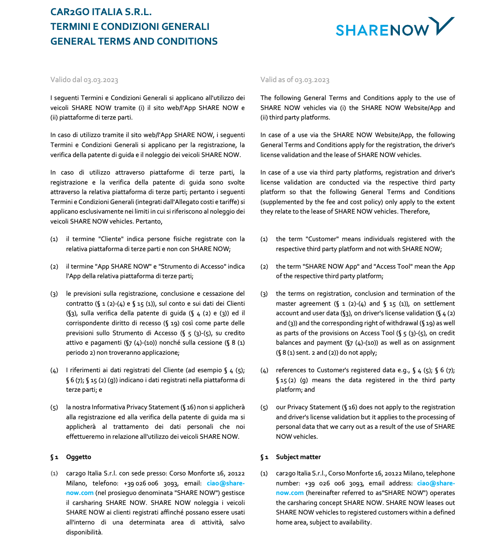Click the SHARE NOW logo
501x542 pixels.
tap(395, 27)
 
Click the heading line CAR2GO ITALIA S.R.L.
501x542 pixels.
tap(101, 12)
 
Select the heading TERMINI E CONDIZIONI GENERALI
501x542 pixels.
tap(130, 27)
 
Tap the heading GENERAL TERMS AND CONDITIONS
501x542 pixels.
tap(134, 41)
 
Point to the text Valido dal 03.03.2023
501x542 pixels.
tap(84, 80)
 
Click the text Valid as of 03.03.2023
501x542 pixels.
tap(295, 80)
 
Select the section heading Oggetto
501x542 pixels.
tap(78, 457)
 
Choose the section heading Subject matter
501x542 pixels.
tap(298, 457)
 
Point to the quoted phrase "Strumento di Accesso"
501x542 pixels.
tap(192, 267)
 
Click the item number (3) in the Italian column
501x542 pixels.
tap(54, 294)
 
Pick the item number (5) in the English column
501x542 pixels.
tap(264, 407)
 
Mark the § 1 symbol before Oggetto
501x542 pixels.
tap(54, 457)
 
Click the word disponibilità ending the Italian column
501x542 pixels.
tap(84, 532)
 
